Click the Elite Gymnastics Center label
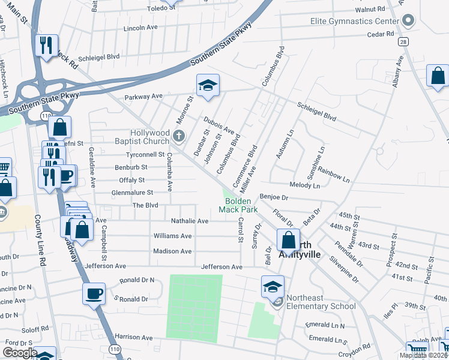click(x=354, y=22)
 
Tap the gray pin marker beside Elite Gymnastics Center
click(x=408, y=22)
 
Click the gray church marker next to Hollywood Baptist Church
click(x=178, y=137)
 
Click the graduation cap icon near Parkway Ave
click(x=208, y=86)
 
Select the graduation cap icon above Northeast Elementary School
click(x=273, y=286)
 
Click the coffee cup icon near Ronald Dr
click(x=94, y=293)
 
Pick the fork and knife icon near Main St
click(x=46, y=45)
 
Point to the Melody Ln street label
click(x=321, y=186)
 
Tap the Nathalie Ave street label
click(x=190, y=221)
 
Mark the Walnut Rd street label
click(x=370, y=10)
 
